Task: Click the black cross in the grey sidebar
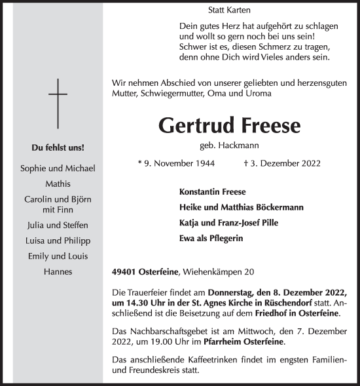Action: pyautogui.click(x=58, y=102)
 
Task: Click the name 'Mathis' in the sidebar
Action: pyautogui.click(x=58, y=185)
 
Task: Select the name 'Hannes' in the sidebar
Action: pyautogui.click(x=58, y=271)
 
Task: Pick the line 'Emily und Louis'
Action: pyautogui.click(x=58, y=256)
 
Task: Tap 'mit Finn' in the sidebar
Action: pyautogui.click(x=58, y=210)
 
